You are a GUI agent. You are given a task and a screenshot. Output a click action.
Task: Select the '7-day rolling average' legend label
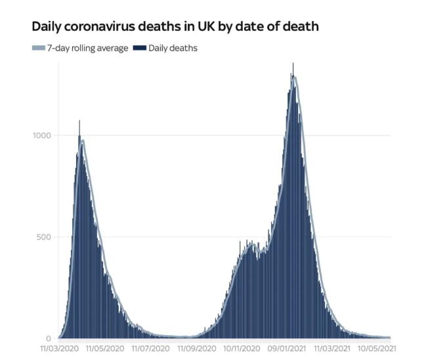coord(87,48)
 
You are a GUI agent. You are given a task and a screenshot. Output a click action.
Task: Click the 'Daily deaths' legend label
coord(173,48)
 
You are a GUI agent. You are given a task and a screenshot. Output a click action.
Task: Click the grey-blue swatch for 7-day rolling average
coord(37,48)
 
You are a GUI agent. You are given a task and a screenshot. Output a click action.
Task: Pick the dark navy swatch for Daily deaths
coord(140,48)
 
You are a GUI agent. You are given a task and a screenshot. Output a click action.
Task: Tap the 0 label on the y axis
coord(49,338)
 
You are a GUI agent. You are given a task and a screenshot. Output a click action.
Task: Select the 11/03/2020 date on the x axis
coord(59,349)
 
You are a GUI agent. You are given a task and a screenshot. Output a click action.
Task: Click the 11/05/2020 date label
coord(105,349)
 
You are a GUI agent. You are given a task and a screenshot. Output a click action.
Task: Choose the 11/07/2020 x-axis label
coord(151,349)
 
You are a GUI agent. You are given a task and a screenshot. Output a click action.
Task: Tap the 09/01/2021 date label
coord(287,349)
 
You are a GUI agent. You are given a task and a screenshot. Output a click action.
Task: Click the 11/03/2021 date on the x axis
coord(333,349)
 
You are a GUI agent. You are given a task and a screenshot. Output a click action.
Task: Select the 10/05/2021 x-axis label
coord(377,349)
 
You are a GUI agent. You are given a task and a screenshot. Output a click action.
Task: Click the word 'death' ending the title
coord(303,28)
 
